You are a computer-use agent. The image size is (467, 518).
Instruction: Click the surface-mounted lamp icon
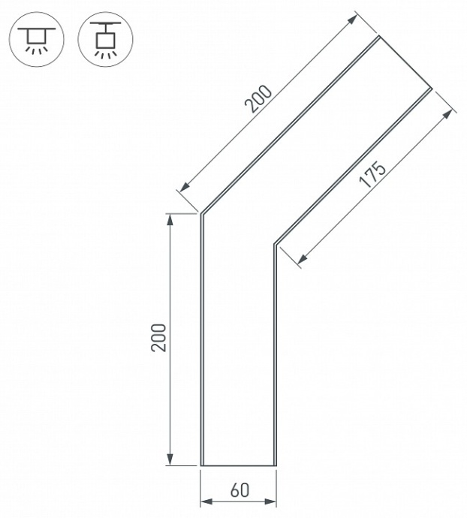tap(35, 38)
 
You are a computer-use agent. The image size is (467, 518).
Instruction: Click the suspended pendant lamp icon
tap(105, 38)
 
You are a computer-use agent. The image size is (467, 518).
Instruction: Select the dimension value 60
tap(240, 491)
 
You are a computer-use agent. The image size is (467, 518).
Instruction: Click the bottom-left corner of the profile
tap(202, 465)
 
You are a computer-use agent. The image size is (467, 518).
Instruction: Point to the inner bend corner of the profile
tap(276, 244)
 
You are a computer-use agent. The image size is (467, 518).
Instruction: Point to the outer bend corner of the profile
tap(202, 214)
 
